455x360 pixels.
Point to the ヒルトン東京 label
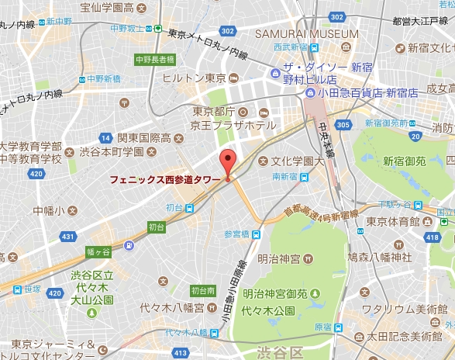pos(194,78)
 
